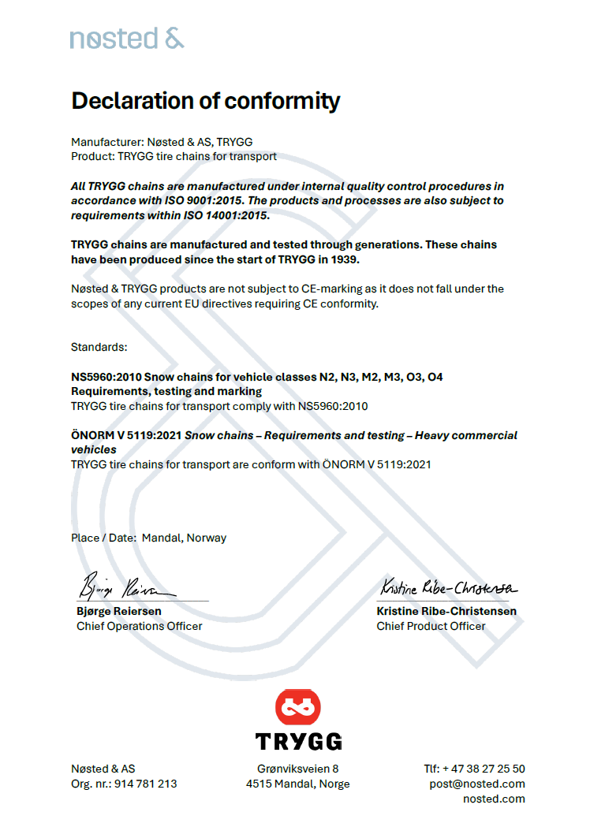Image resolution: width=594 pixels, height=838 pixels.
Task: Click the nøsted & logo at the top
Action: click(x=126, y=37)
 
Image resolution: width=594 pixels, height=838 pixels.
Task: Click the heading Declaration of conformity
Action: click(x=206, y=101)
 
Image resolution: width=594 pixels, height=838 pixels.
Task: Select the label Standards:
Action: click(x=99, y=347)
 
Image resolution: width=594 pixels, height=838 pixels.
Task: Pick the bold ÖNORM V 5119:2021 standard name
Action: click(x=126, y=435)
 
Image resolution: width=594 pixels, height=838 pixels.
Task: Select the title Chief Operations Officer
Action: click(x=139, y=626)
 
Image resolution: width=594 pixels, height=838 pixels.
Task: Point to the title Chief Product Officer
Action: click(x=431, y=626)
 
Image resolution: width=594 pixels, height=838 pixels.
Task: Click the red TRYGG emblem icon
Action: click(x=298, y=707)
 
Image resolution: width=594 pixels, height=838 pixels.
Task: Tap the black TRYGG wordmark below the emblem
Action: click(x=298, y=741)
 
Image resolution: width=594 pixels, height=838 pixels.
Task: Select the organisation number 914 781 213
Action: click(x=147, y=784)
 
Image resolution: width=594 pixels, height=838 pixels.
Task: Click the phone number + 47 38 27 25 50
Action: click(x=484, y=769)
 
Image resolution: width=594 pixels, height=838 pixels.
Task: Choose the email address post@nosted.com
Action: click(x=477, y=784)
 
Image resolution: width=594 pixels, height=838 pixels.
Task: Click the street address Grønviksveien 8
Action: click(x=297, y=769)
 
